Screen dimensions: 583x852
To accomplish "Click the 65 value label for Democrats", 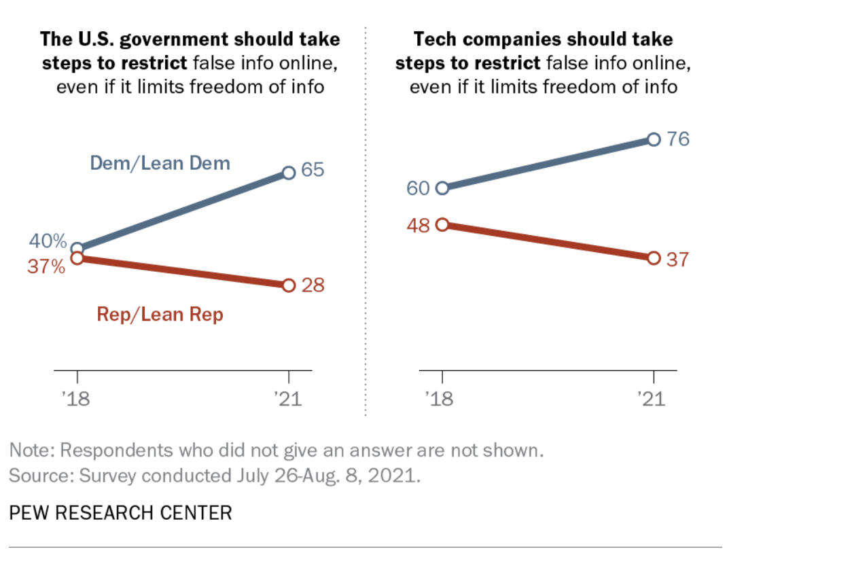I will pos(313,170).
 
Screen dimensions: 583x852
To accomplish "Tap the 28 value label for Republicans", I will pos(313,285).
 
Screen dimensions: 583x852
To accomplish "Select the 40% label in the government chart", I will pos(48,241).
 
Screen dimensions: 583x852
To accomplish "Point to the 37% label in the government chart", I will pos(46,267).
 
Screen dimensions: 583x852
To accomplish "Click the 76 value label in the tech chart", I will pos(677,139).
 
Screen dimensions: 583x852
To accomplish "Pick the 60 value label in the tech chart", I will pos(419,188).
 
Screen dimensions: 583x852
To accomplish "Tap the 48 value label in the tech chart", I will pos(419,226).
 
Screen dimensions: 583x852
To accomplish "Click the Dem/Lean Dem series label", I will pos(160,163).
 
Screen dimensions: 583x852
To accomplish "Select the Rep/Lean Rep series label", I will pos(160,315).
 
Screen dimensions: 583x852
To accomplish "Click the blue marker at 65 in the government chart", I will pos(288,173).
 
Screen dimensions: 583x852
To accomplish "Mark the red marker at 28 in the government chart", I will pos(288,285).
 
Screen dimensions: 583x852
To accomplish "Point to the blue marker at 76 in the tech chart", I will pos(654,139).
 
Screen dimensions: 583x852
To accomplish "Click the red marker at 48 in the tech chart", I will pos(442,224).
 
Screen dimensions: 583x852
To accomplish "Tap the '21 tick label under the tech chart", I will pos(653,397).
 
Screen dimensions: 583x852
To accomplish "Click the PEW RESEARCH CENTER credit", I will pos(120,512).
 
